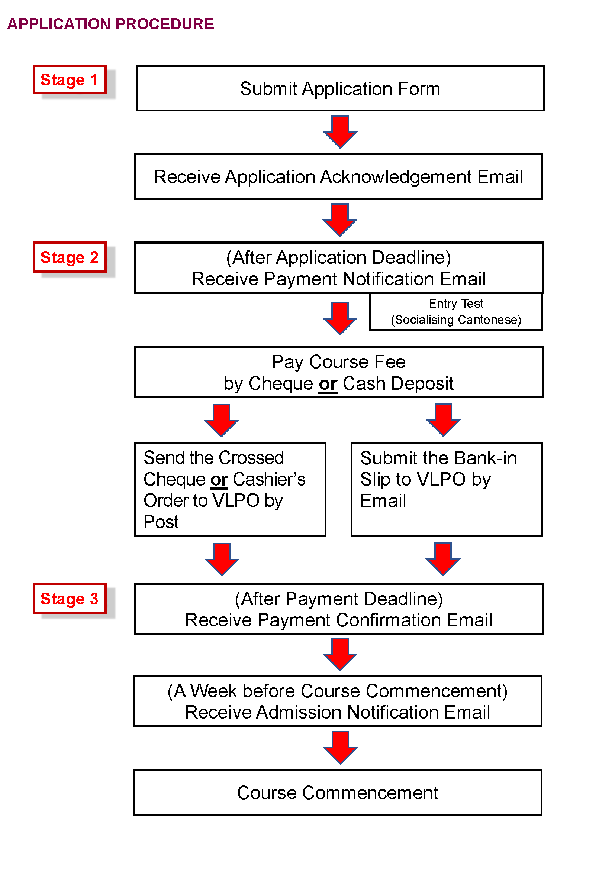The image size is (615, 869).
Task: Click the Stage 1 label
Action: pyautogui.click(x=69, y=80)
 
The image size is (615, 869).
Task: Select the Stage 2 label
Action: pyautogui.click(x=69, y=257)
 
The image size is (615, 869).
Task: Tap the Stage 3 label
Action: pyautogui.click(x=69, y=599)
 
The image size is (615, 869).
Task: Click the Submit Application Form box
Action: pyautogui.click(x=340, y=88)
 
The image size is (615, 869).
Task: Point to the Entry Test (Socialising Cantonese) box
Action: pyautogui.click(x=456, y=312)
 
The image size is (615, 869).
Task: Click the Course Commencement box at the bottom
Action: pyautogui.click(x=337, y=792)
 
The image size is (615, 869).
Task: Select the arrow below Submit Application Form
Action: pyautogui.click(x=340, y=132)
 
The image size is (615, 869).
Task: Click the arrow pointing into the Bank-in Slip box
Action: pyautogui.click(x=443, y=420)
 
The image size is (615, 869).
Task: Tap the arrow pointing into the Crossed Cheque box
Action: pyautogui.click(x=221, y=420)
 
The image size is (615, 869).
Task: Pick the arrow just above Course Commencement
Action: pyautogui.click(x=340, y=748)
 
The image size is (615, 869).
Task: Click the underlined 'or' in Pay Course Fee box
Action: pyautogui.click(x=328, y=384)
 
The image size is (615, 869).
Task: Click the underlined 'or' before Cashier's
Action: pyautogui.click(x=219, y=480)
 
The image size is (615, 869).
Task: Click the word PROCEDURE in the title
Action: pyautogui.click(x=164, y=24)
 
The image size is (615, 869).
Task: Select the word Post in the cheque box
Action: pyautogui.click(x=161, y=522)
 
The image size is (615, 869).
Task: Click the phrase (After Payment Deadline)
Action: pyautogui.click(x=339, y=599)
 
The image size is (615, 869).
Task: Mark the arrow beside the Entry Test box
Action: pyautogui.click(x=340, y=318)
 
